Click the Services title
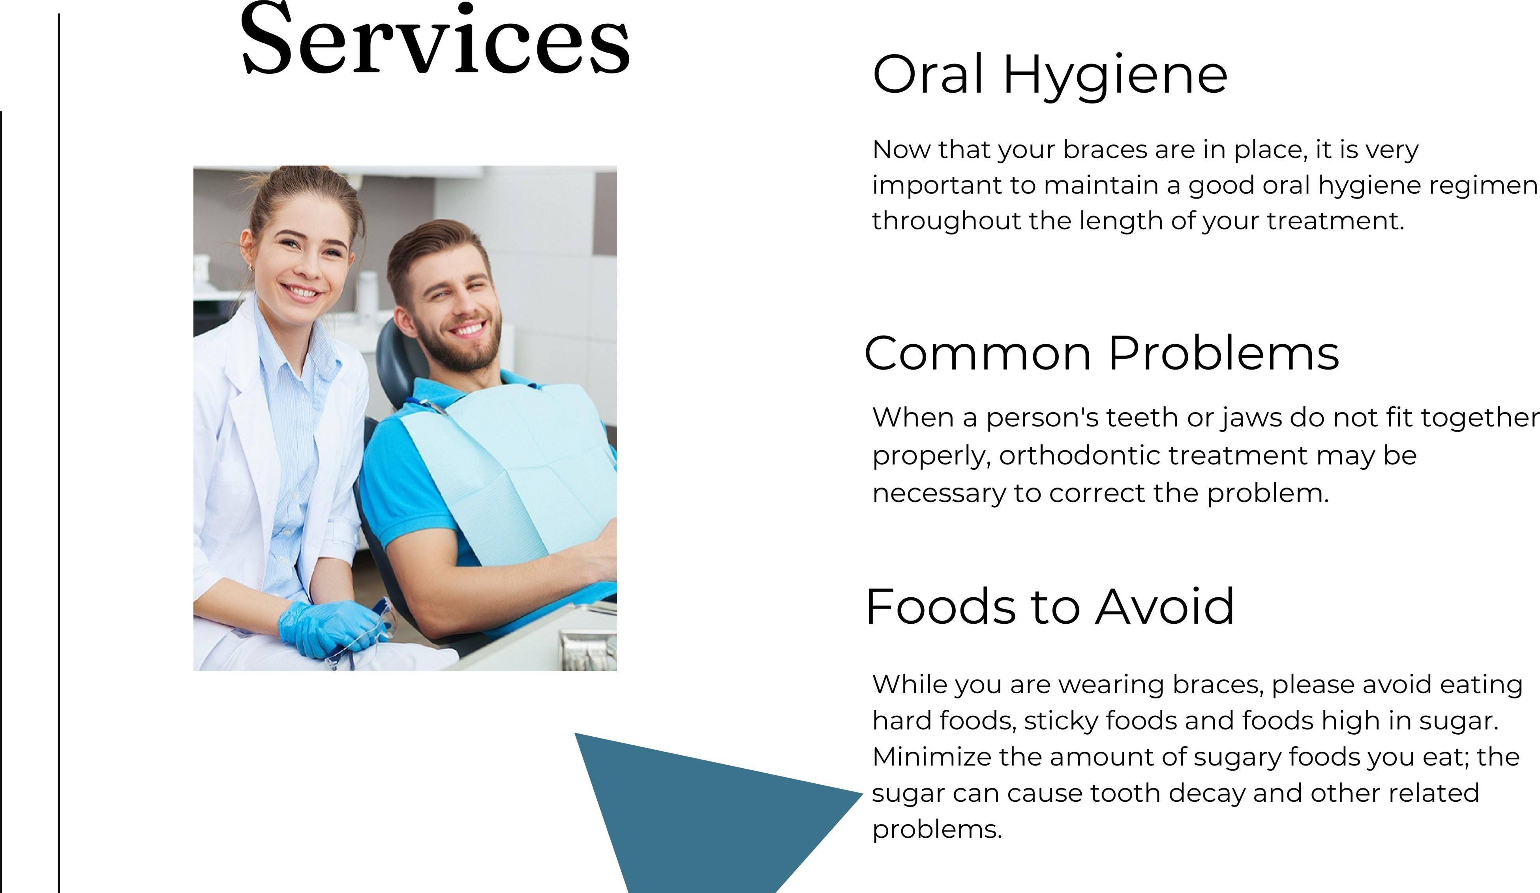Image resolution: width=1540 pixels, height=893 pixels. (x=435, y=40)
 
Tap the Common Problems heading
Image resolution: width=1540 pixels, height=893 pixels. (x=1101, y=353)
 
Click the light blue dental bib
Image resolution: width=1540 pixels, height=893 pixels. (x=520, y=465)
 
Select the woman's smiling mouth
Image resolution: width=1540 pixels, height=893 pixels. (x=301, y=292)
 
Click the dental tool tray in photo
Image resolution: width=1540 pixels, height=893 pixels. (x=588, y=651)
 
